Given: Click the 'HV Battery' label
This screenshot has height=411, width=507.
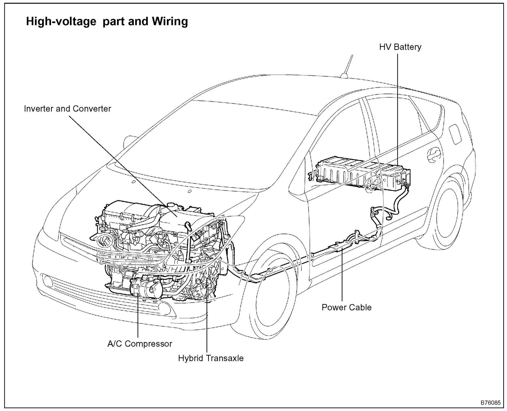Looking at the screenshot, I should coord(400,47).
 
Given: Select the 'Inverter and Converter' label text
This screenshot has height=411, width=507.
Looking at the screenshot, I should coord(67,109).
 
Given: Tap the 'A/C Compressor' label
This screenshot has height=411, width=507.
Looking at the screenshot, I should coord(140,344).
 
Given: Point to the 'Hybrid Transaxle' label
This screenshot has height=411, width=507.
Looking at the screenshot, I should coord(211,358).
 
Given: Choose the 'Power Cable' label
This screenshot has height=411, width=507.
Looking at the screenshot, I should coord(346,307).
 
